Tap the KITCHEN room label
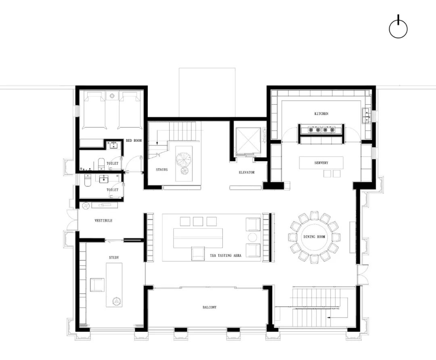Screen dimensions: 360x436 point(321,114)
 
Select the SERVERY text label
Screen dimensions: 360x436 point(321,163)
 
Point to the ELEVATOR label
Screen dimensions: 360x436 point(246,173)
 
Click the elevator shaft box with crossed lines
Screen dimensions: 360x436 point(248,141)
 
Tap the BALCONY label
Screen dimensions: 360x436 point(210,307)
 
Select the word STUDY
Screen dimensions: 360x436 point(114,257)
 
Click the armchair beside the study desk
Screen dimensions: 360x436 point(97,284)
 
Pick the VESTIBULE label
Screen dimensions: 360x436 point(103,221)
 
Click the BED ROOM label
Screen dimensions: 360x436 point(134,141)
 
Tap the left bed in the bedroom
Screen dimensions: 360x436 point(94,110)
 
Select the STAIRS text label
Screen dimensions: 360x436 point(162,170)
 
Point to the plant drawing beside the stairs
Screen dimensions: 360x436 point(183,160)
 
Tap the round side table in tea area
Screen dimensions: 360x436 point(253,237)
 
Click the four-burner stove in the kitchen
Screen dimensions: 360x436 point(321,129)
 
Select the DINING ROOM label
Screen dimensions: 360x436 point(314,237)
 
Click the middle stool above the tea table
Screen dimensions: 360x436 point(198,221)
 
